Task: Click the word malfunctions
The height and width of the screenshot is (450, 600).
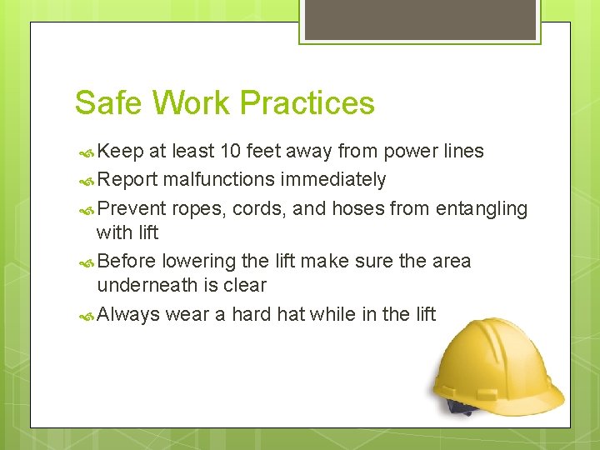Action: [218, 179]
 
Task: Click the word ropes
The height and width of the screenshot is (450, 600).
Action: [194, 208]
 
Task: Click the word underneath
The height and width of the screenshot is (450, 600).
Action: [147, 285]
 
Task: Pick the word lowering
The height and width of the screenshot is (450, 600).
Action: [193, 261]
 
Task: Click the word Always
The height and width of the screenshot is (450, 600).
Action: [128, 314]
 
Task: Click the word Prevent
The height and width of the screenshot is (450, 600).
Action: [131, 208]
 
